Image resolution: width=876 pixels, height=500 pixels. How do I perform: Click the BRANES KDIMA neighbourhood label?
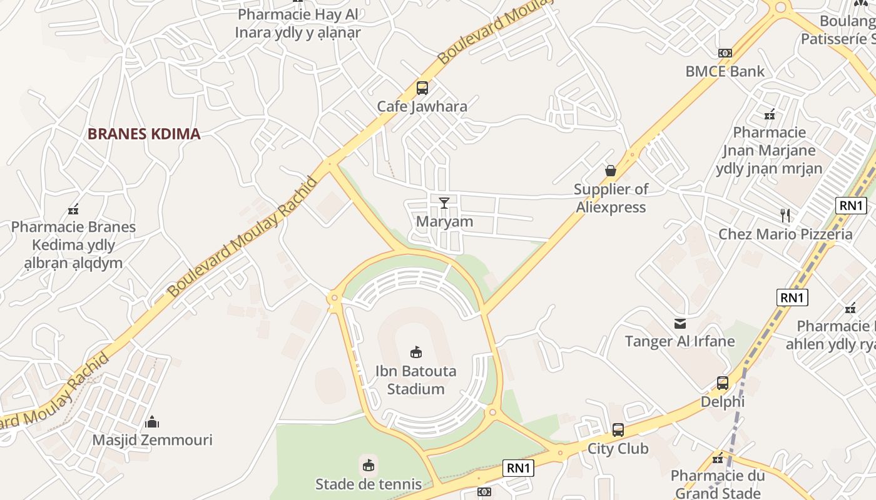pos(144,134)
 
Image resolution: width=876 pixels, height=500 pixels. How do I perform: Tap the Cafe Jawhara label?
pos(422,106)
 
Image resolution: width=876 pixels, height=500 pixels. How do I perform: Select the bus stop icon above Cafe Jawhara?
pos(422,88)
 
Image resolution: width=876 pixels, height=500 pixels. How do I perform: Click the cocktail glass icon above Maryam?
pos(444,202)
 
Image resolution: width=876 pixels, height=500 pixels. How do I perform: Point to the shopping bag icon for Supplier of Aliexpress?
pos(611,170)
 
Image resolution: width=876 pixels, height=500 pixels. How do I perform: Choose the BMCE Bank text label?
pos(725,71)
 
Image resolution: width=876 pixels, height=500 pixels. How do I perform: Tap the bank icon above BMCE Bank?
pos(725,53)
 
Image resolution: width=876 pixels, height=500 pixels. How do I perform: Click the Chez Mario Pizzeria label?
pos(785,234)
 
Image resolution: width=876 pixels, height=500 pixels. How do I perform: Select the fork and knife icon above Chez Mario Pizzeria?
pos(785,216)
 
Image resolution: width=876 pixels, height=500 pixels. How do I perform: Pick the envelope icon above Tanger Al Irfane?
pos(680,323)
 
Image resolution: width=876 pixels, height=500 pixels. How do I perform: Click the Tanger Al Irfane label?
pos(680,341)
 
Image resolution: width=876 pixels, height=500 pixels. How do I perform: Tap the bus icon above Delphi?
pos(723,383)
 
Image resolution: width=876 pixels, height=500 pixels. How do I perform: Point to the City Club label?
pos(618,449)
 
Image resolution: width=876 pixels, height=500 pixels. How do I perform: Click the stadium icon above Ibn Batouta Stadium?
pos(416,352)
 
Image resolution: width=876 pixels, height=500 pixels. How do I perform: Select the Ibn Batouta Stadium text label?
pos(415,380)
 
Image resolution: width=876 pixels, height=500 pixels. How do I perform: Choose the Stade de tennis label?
pos(369,484)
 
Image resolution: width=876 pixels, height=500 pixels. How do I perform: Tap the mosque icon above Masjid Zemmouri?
pos(152,422)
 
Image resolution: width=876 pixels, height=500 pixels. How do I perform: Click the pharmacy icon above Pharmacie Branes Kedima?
pos(73,209)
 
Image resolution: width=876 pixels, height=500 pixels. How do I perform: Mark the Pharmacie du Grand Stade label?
pos(718,484)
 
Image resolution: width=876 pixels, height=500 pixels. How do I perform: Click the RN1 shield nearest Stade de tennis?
pos(519,468)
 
